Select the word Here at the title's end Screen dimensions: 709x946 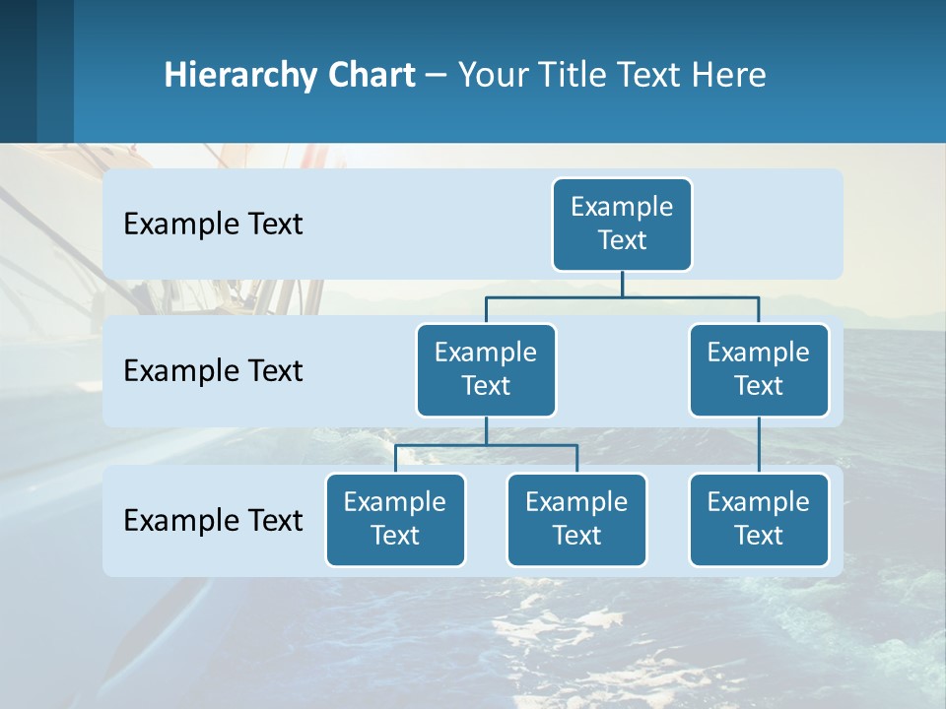(x=728, y=75)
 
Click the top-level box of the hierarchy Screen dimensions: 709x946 (x=622, y=225)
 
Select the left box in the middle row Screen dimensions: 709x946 (x=486, y=370)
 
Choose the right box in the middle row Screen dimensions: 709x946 (x=759, y=370)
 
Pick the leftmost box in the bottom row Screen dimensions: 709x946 (x=395, y=520)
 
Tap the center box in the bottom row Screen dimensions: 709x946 (x=576, y=520)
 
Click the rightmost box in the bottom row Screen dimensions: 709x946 (x=759, y=520)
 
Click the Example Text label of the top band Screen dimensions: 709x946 (x=213, y=225)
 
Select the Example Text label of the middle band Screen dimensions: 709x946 (x=213, y=371)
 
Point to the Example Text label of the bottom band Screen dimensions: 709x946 (x=213, y=520)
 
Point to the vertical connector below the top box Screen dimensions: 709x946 (x=622, y=284)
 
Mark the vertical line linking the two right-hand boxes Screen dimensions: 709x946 (x=759, y=445)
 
